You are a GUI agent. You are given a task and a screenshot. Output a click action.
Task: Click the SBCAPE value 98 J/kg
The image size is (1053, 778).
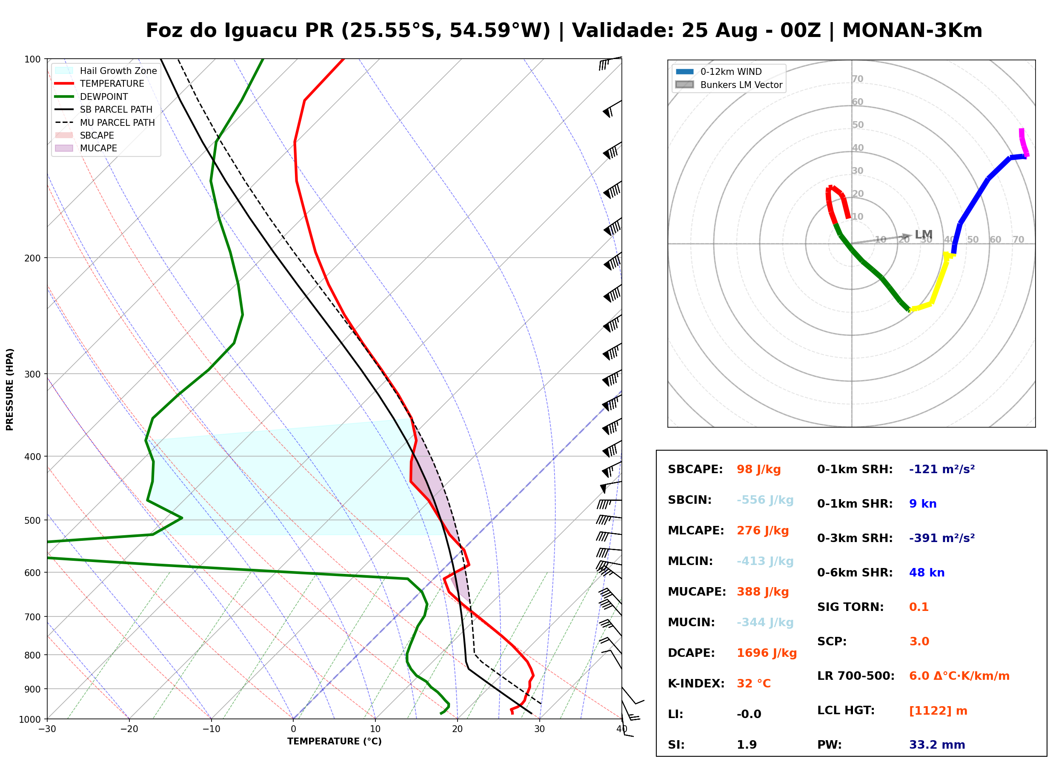(758, 469)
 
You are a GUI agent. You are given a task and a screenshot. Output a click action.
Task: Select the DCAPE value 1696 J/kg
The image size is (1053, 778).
(767, 653)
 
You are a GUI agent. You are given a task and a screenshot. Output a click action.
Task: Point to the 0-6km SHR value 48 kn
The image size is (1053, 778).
(927, 573)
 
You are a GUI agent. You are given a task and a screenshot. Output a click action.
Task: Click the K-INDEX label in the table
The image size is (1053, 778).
(696, 684)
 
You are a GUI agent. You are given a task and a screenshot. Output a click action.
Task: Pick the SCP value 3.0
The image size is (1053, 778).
(919, 642)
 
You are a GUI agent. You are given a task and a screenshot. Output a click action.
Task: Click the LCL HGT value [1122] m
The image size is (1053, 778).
(938, 711)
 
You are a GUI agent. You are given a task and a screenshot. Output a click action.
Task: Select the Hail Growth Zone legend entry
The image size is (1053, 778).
(106, 71)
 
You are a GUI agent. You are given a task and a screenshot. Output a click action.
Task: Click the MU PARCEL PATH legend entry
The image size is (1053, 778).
(105, 122)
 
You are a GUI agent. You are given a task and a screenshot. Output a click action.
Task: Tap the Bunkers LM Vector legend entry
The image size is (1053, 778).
(729, 85)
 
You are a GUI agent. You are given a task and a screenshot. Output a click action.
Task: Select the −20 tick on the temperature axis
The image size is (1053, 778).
(129, 729)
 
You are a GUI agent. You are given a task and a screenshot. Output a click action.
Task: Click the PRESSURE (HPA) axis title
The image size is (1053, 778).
(10, 389)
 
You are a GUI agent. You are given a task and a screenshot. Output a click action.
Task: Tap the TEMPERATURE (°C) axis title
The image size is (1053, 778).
(334, 742)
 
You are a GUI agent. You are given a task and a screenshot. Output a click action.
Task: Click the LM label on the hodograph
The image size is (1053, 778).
(923, 235)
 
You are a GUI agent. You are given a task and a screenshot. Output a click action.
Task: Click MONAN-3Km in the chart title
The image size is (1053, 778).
(912, 31)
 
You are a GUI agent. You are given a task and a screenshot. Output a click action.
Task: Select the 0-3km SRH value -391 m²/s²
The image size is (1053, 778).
(942, 538)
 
